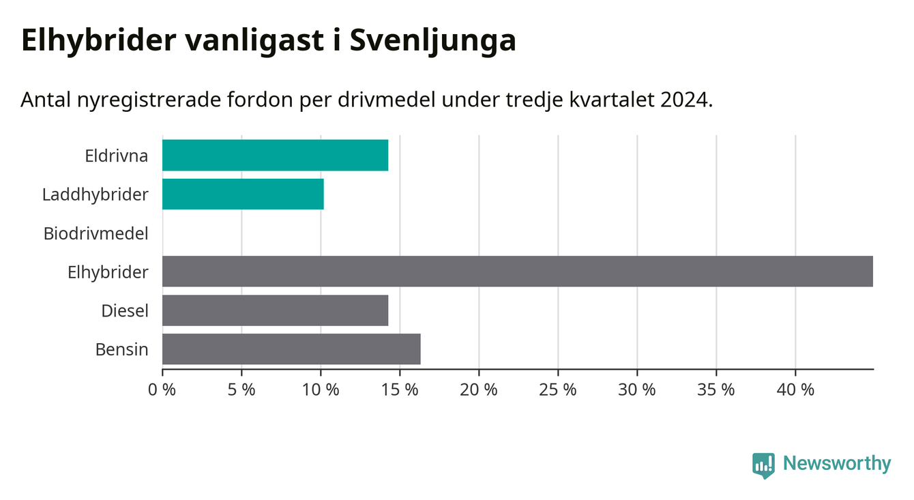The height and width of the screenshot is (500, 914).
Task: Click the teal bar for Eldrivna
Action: pos(275,155)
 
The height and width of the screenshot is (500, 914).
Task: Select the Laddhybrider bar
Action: pos(243,194)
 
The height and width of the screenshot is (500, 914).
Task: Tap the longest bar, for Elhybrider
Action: pos(518,271)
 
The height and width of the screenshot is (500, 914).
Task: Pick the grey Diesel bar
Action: pos(275,310)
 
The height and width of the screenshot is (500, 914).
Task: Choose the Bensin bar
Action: pos(291,349)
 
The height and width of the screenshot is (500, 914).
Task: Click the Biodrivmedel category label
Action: pos(96,234)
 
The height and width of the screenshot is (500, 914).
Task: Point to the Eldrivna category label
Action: pos(116,156)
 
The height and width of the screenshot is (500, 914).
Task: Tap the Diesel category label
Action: pos(125,311)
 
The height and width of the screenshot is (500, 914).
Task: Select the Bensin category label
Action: pos(122,350)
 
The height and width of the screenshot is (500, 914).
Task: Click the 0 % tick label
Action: pos(162,389)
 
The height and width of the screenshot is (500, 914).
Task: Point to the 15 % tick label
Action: pos(400,389)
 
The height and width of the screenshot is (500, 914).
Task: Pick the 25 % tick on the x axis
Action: pos(558,389)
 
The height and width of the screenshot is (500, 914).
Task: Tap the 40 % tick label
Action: pos(795,389)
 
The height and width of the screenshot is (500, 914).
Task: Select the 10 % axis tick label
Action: pos(321,389)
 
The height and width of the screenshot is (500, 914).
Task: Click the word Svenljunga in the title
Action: pos(433,41)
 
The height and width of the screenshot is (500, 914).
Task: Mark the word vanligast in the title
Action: pos(255,40)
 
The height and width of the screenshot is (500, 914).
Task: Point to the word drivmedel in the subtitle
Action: pos(387,100)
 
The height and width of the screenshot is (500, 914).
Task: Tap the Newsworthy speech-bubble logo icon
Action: pos(763,465)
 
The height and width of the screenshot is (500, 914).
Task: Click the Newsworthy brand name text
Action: pos(837,463)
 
